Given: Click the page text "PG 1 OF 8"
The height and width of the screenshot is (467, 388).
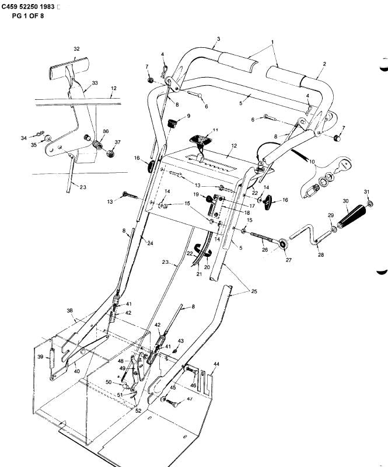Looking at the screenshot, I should [27, 16].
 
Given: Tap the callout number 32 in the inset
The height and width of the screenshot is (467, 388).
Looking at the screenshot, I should [76, 49].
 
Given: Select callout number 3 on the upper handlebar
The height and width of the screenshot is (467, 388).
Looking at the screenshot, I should [218, 39].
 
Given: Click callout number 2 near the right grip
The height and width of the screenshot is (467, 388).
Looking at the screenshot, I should [324, 64].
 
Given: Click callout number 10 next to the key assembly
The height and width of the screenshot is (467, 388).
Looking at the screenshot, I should [311, 161].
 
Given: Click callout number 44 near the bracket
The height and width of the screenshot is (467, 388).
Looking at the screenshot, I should [216, 364].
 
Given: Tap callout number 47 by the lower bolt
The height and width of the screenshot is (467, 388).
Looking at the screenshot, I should [190, 399].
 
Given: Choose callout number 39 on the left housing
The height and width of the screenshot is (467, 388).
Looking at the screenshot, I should [40, 357].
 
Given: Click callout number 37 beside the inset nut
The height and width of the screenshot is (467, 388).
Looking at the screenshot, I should [118, 142].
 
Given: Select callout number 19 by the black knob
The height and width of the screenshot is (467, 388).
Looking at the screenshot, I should [197, 194].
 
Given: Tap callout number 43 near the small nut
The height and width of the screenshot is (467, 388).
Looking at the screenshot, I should [180, 341].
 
